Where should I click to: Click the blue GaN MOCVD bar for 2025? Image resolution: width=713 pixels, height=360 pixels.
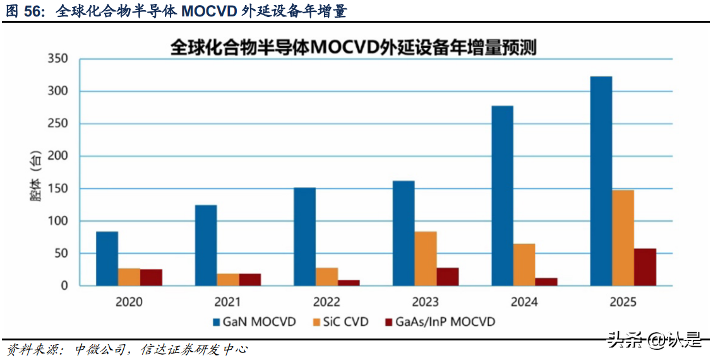[601, 181]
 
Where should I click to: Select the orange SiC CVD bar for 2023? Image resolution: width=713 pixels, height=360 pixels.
[425, 258]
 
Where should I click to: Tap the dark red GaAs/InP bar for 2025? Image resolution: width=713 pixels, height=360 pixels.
[645, 267]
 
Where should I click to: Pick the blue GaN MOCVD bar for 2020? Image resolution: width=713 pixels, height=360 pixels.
[107, 258]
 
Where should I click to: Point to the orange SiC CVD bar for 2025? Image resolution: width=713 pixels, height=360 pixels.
[623, 238]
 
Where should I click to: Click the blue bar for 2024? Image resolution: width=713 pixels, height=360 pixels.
[502, 196]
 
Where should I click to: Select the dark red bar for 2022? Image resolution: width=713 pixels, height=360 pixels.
[349, 283]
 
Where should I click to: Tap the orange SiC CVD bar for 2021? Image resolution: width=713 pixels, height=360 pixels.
[228, 280]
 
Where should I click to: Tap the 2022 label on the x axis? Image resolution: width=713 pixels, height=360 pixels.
[327, 302]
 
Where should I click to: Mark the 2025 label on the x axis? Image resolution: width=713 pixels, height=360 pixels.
[623, 302]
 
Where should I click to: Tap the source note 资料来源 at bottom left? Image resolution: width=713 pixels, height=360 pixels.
[32, 349]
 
